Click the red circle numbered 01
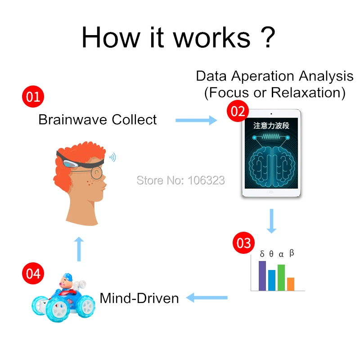33,97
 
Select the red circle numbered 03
243,243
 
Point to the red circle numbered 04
33,274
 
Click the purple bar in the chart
262,275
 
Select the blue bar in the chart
272,280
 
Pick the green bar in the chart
281,277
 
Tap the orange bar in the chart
291,283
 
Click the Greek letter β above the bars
292,253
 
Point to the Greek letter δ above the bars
262,254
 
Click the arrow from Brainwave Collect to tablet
196,120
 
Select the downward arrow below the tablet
271,220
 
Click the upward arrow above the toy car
79,248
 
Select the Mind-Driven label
139,298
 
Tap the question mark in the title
267,37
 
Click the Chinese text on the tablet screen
270,126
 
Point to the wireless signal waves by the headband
112,157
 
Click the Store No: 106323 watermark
180,180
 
